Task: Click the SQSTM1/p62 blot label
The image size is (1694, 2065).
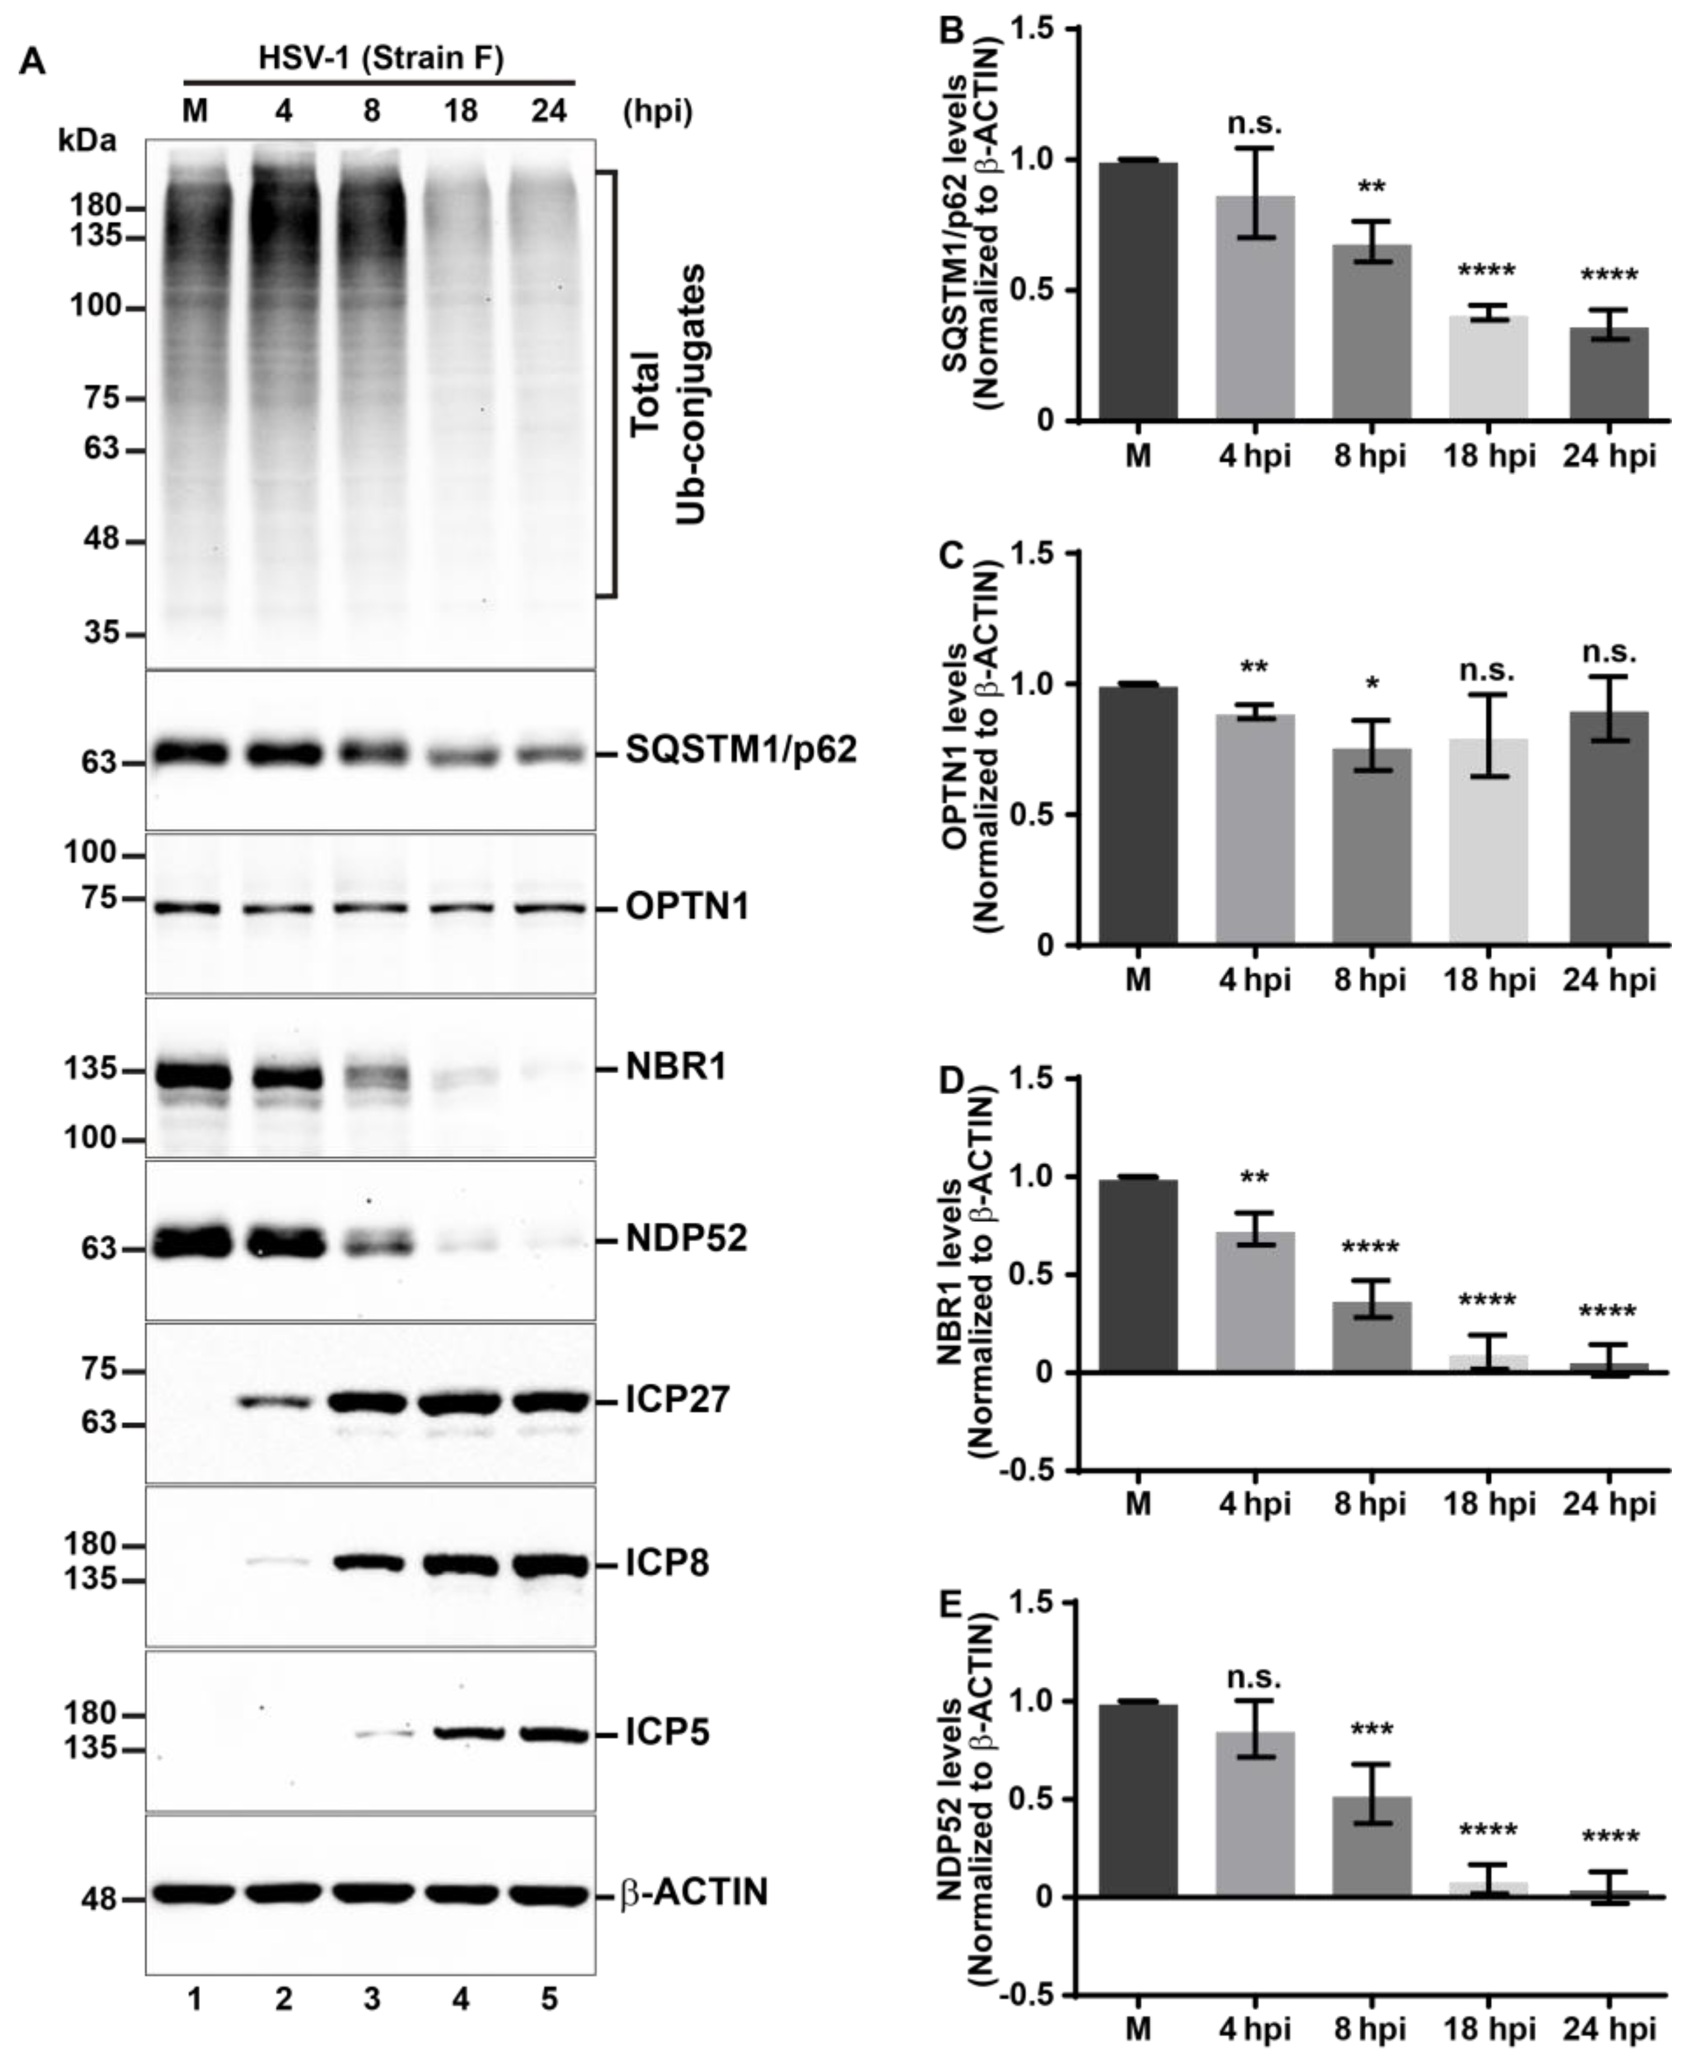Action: tap(741, 750)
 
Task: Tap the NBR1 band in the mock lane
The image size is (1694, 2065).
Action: tap(195, 1076)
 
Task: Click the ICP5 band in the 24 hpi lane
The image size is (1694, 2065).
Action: tap(549, 1734)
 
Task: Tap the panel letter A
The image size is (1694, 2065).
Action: tap(32, 62)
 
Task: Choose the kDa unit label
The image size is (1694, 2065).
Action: tap(87, 141)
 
